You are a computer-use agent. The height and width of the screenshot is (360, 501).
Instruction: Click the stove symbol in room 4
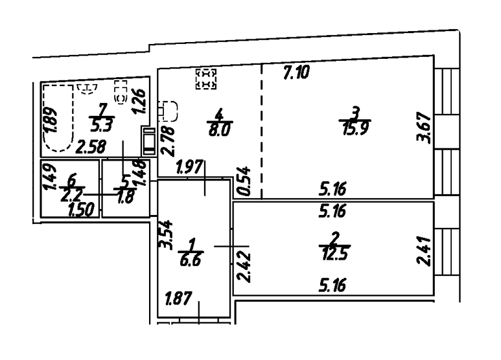pos(206,78)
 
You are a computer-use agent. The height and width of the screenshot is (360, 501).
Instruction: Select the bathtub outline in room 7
pos(55,119)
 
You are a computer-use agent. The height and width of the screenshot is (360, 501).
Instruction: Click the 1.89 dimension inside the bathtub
pos(52,119)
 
